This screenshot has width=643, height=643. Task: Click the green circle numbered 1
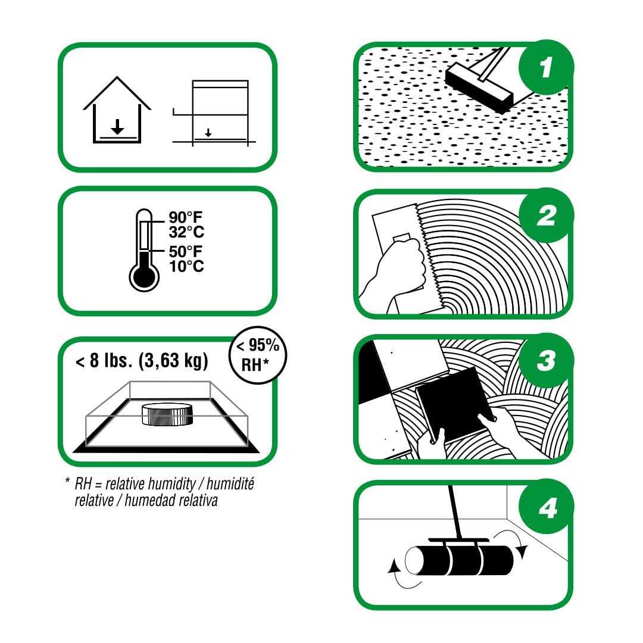(546, 67)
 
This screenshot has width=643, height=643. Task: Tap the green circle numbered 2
(546, 216)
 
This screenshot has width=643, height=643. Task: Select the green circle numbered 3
(546, 360)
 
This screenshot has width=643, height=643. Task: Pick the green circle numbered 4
(546, 507)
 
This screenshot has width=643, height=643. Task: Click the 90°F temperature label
(185, 217)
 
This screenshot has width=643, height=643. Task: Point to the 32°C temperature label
(186, 232)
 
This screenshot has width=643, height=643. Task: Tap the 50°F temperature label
(185, 251)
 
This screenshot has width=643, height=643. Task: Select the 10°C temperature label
(186, 266)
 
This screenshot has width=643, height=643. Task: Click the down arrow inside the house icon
(117, 127)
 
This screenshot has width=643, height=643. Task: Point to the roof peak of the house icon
(117, 77)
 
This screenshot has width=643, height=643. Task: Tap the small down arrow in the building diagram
(208, 133)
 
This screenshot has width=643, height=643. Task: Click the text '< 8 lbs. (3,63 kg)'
(142, 360)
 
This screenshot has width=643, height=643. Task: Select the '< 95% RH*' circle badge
(258, 355)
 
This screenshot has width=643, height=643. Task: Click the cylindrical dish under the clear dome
(167, 414)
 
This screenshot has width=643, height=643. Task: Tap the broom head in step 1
(479, 89)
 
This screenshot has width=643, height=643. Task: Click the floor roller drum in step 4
(459, 560)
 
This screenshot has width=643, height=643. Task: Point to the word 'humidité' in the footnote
(230, 484)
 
